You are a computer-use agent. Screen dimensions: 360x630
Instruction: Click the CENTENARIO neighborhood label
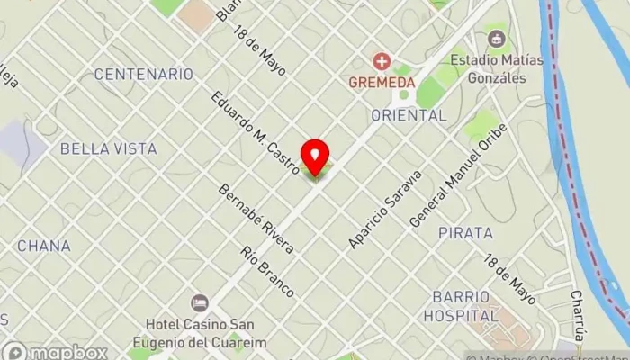coord(144,74)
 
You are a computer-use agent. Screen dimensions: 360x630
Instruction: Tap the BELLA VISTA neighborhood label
coord(108,148)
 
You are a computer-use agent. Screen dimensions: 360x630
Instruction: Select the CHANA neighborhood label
coord(43,245)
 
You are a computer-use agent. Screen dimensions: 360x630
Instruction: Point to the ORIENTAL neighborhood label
coord(409,115)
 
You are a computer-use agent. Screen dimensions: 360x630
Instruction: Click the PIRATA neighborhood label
coord(465,233)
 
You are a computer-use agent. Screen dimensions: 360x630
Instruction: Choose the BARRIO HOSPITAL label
coord(464,306)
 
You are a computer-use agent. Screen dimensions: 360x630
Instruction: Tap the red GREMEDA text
coord(382,82)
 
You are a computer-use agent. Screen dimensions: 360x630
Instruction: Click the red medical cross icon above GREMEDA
coord(382,61)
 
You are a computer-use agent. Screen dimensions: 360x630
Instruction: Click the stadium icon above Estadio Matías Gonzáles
coord(495,40)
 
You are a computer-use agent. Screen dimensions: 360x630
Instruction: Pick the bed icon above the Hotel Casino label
coord(199,303)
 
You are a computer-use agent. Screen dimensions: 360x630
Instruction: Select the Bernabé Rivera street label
coord(256,219)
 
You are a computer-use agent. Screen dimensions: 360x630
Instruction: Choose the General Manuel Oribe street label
coord(458,175)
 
